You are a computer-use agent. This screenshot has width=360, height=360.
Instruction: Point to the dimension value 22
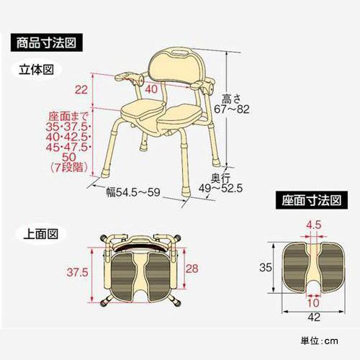[x=81, y=89]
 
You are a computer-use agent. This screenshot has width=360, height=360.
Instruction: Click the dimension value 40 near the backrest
[x=151, y=89]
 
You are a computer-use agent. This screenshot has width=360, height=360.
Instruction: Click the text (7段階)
[x=71, y=168]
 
